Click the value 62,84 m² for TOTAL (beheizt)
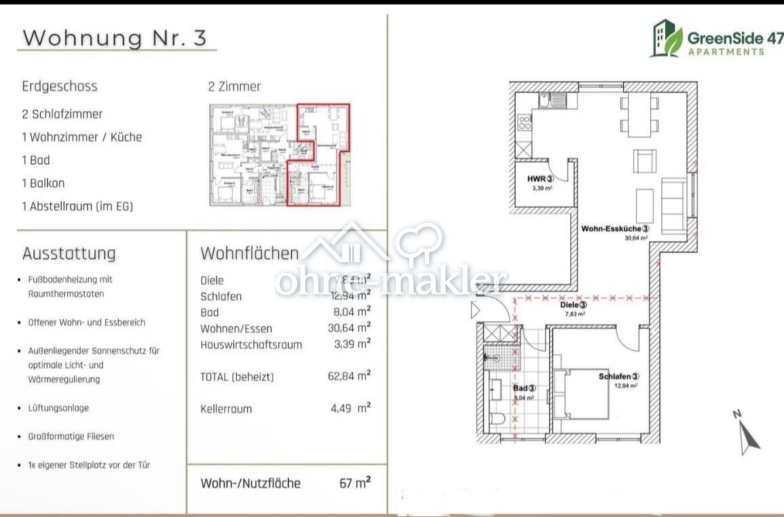349,376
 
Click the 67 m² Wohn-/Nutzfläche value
354,483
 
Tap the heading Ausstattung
69,253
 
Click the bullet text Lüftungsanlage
58,408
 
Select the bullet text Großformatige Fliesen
71,436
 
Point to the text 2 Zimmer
234,86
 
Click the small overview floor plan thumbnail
279,155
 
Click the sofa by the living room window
673,206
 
